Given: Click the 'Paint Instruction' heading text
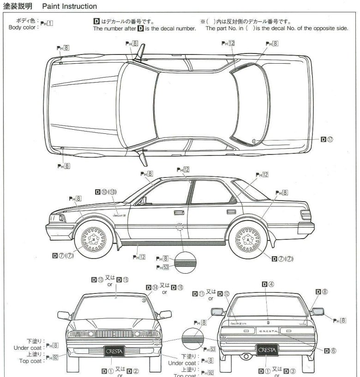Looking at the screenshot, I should pos(69,6).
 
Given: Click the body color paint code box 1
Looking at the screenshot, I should pos(49,24).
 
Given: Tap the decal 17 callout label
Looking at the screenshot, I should pos(327,139).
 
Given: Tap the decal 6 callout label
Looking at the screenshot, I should pos(330,351).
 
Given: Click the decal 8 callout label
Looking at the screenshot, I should pos(322,292).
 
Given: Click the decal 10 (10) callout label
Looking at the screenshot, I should pos(106,191).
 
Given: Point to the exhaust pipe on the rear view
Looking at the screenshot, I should pos(247,357).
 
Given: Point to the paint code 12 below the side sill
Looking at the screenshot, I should pos(139,257).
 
